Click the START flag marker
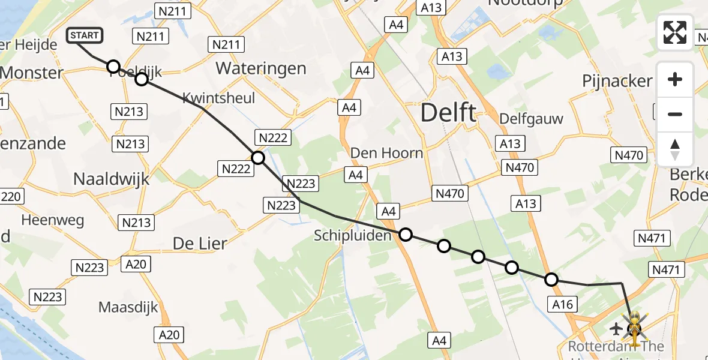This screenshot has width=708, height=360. click(85, 35)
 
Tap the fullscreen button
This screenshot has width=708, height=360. click(675, 32)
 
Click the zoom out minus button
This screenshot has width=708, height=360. click(675, 114)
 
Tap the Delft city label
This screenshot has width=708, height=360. click(448, 112)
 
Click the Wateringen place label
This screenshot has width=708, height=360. click(261, 68)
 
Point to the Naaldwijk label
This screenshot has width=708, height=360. click(111, 178)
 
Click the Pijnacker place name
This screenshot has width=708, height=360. click(617, 81)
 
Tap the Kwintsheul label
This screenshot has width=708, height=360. click(218, 98)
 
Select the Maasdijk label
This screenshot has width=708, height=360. click(128, 307)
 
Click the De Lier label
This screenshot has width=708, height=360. click(200, 243)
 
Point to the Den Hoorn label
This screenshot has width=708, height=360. click(386, 153)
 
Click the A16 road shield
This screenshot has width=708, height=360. click(563, 305)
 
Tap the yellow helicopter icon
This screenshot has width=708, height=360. click(635, 327)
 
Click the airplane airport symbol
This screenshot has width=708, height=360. click(616, 328)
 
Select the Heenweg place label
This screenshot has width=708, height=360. click(53, 220)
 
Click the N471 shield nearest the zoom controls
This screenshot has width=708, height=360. click(652, 239)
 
